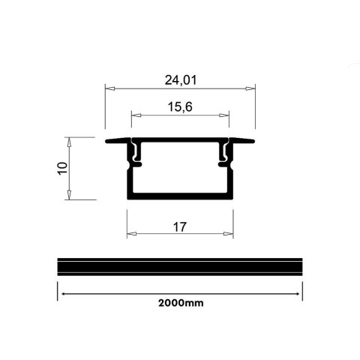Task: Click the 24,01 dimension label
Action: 178,77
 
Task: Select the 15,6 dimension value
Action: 178,107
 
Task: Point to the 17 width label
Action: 178,226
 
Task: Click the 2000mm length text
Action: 181,304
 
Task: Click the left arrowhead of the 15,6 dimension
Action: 134,115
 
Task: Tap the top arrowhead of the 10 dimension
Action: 69,140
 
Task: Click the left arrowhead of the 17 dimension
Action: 129,234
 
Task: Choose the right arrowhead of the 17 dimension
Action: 230,234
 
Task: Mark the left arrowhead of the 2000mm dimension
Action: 61,293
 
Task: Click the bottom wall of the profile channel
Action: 180,196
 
